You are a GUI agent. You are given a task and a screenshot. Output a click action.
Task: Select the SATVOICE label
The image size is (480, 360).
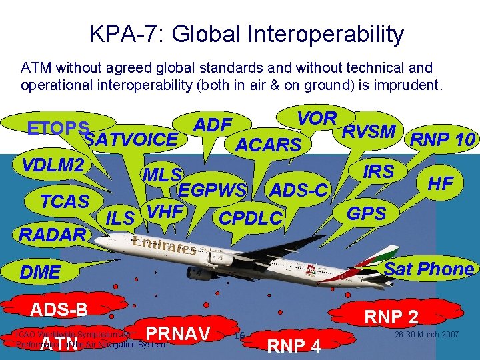132,140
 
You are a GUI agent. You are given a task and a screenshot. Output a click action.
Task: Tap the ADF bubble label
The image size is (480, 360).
212,125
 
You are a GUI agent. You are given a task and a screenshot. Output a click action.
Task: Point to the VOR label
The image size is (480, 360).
317,118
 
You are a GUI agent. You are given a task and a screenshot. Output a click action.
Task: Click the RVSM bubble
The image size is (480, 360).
368,131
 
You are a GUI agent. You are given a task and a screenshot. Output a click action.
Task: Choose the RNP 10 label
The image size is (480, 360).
442,139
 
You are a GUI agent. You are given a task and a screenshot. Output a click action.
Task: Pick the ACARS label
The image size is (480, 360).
269,144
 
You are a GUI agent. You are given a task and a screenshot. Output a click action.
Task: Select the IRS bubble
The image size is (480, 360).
378,171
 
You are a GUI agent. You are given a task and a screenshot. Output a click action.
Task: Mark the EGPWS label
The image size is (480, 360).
212,190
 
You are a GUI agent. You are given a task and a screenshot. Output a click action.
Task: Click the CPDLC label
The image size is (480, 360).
251,218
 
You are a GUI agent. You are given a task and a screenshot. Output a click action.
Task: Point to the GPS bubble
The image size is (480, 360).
367,213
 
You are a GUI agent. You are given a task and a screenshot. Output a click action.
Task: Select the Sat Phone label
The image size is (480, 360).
429,269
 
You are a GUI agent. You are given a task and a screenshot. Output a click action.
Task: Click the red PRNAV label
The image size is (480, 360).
177,333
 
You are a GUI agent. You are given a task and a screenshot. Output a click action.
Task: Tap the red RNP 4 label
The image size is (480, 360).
293,345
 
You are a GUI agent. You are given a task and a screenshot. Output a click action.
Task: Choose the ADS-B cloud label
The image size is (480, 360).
57,309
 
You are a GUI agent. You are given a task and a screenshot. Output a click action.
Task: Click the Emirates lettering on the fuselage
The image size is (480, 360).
163,245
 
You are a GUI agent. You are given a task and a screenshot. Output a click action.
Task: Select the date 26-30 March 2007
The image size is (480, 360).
427,334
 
